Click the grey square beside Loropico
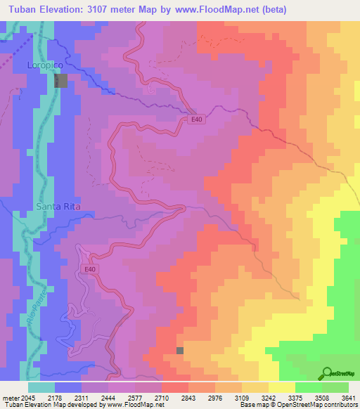pyautogui.click(x=62, y=80)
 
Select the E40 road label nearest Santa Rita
pyautogui.click(x=89, y=269)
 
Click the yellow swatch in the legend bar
pyautogui.click(x=281, y=387)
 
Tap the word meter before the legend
pyautogui.click(x=13, y=397)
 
